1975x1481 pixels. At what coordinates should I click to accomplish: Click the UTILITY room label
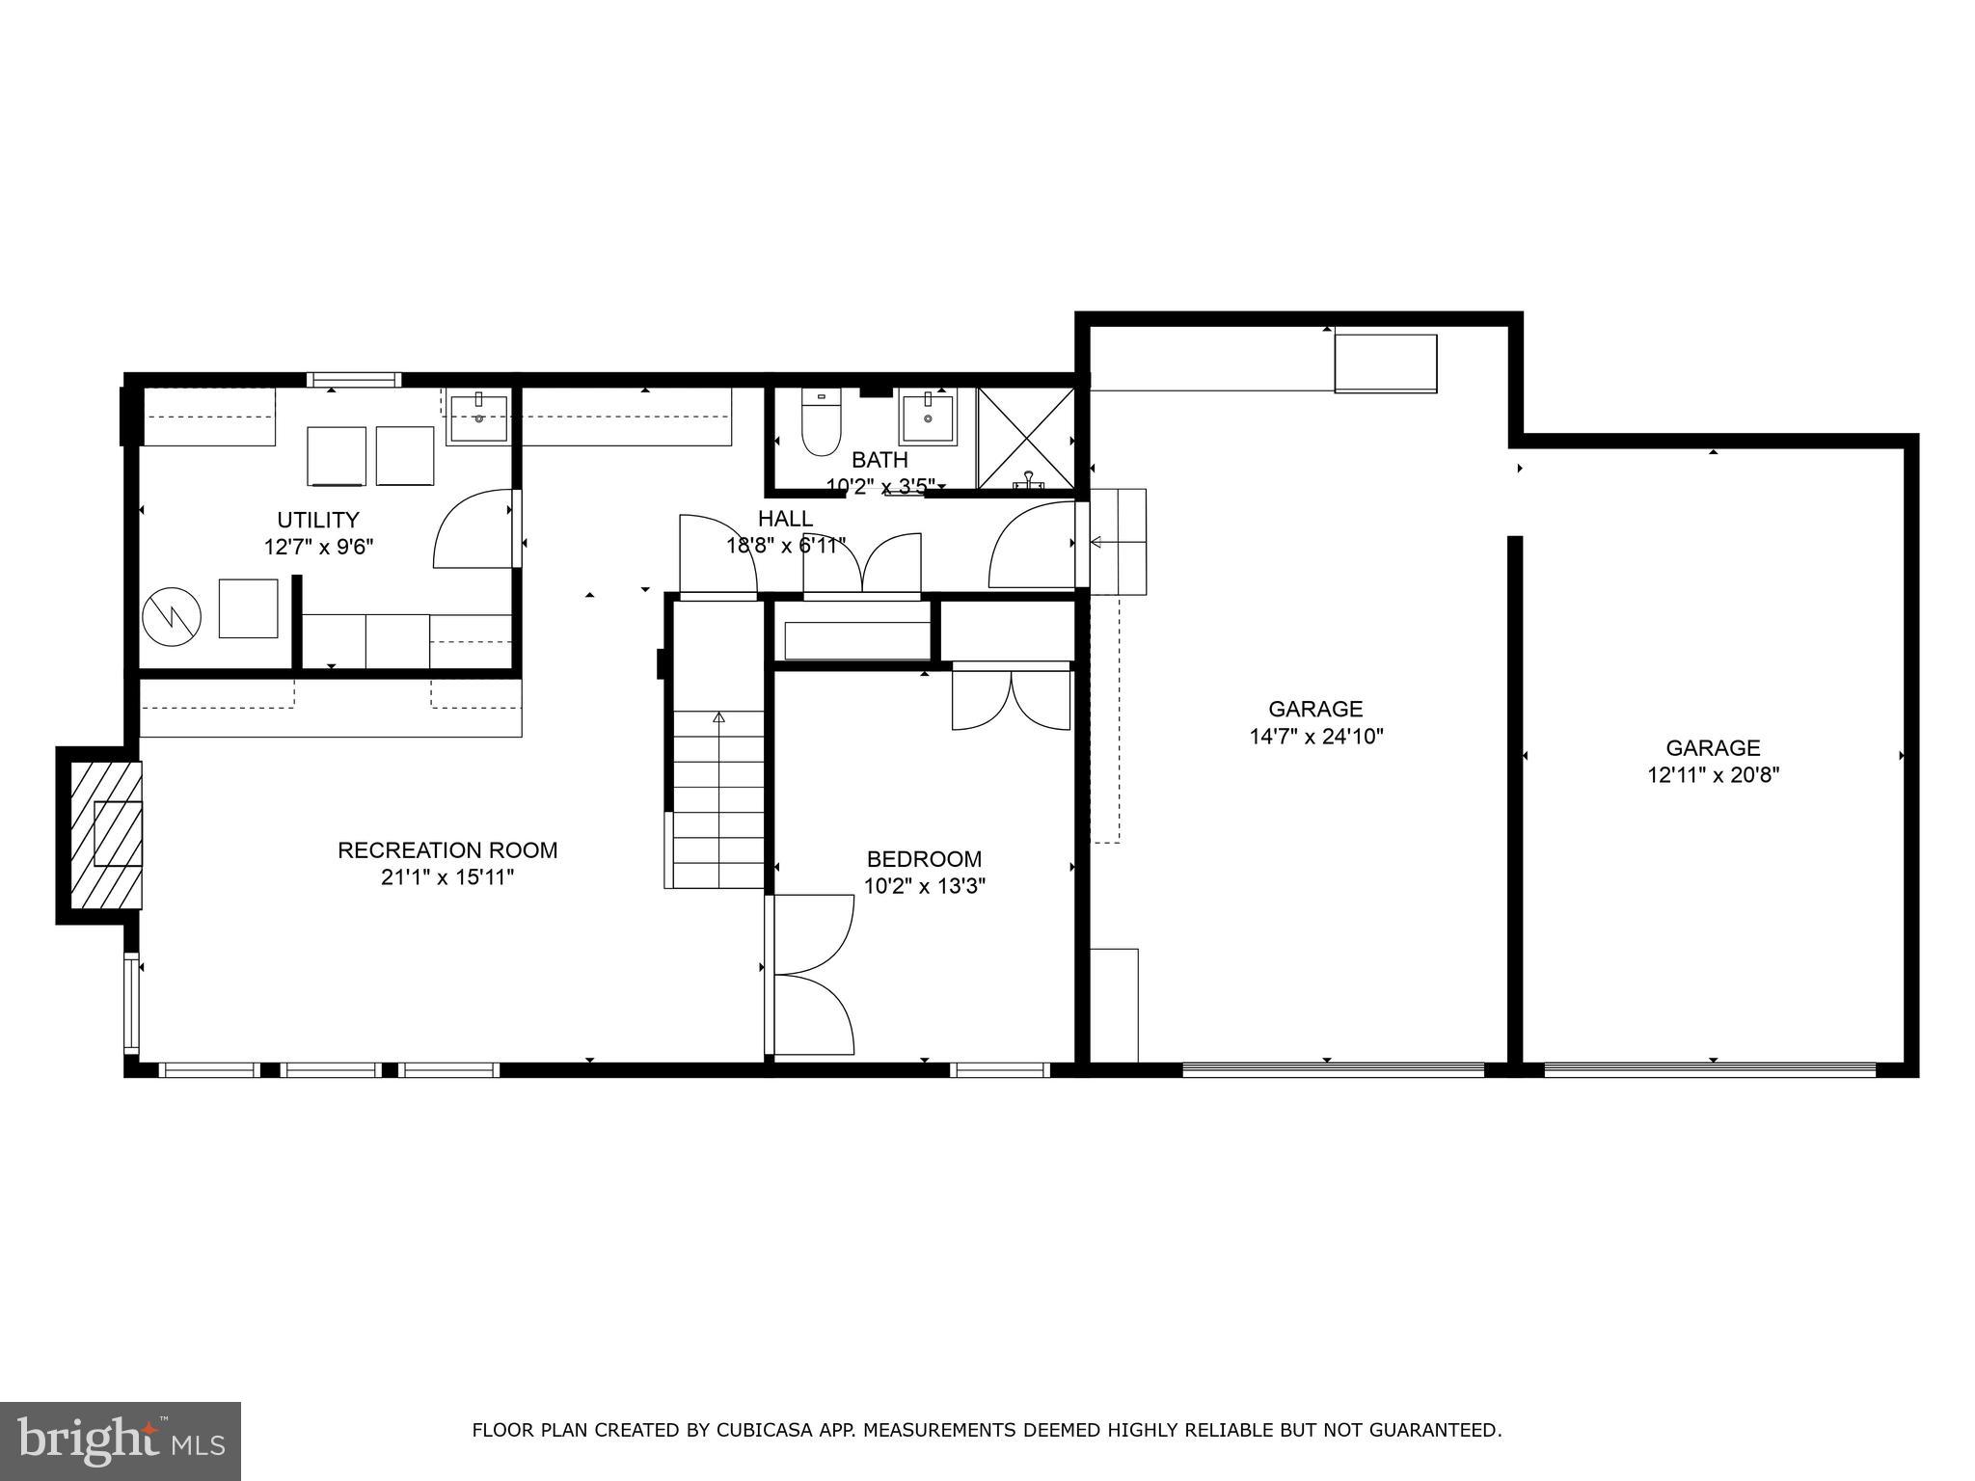coord(318,521)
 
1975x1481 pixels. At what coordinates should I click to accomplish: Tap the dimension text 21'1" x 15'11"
coord(447,877)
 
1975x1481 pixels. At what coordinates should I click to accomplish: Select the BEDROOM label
coord(924,859)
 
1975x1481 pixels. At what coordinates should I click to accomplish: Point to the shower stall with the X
coord(1026,439)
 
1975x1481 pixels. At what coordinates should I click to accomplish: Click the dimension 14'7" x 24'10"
coord(1316,737)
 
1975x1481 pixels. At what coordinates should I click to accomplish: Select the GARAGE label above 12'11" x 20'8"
coord(1713,747)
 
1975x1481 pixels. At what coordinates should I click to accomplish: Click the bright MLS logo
coord(121,1441)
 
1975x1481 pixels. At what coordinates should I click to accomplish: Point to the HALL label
coord(785,519)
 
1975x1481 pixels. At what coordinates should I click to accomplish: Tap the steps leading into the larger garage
coord(1118,542)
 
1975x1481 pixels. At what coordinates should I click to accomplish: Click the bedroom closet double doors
coord(1011,700)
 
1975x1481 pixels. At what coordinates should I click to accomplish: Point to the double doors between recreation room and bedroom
coord(812,974)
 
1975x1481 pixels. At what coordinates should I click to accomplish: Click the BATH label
coord(879,461)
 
